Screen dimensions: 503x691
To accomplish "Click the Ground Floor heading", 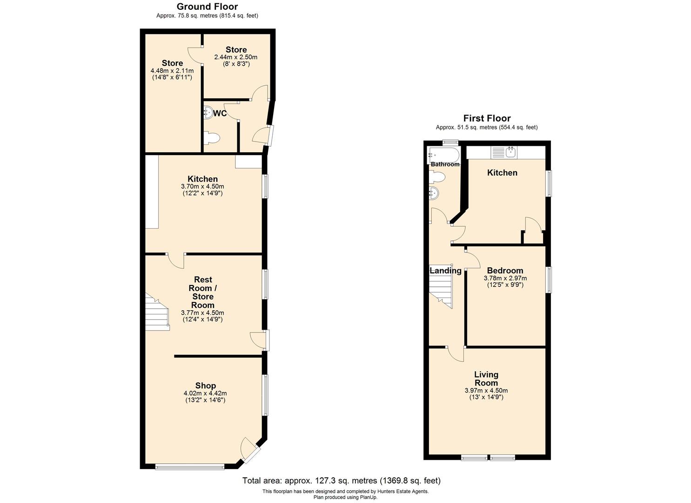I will click(x=207, y=7).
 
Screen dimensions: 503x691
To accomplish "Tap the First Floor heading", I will click(x=487, y=118).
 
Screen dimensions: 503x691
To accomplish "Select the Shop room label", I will click(x=205, y=386).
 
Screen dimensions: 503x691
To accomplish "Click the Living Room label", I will click(x=486, y=378).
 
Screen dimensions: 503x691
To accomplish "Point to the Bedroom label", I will click(x=505, y=271).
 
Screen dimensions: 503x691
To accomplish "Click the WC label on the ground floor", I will click(x=220, y=114).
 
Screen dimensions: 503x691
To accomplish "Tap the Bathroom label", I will click(x=445, y=164).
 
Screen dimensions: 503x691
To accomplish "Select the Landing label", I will click(x=445, y=271).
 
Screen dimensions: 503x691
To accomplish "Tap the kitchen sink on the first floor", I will click(x=511, y=151).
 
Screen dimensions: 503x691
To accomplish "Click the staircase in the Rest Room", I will click(x=157, y=313).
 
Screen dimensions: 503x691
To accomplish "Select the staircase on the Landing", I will click(x=441, y=290).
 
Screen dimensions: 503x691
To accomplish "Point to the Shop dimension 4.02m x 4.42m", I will click(x=205, y=393).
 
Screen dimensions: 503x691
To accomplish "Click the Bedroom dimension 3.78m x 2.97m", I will click(x=505, y=278).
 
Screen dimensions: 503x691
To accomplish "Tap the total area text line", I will click(x=341, y=481).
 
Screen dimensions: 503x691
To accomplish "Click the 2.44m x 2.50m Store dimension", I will click(x=235, y=57).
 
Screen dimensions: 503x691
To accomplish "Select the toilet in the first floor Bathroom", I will click(x=437, y=177).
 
